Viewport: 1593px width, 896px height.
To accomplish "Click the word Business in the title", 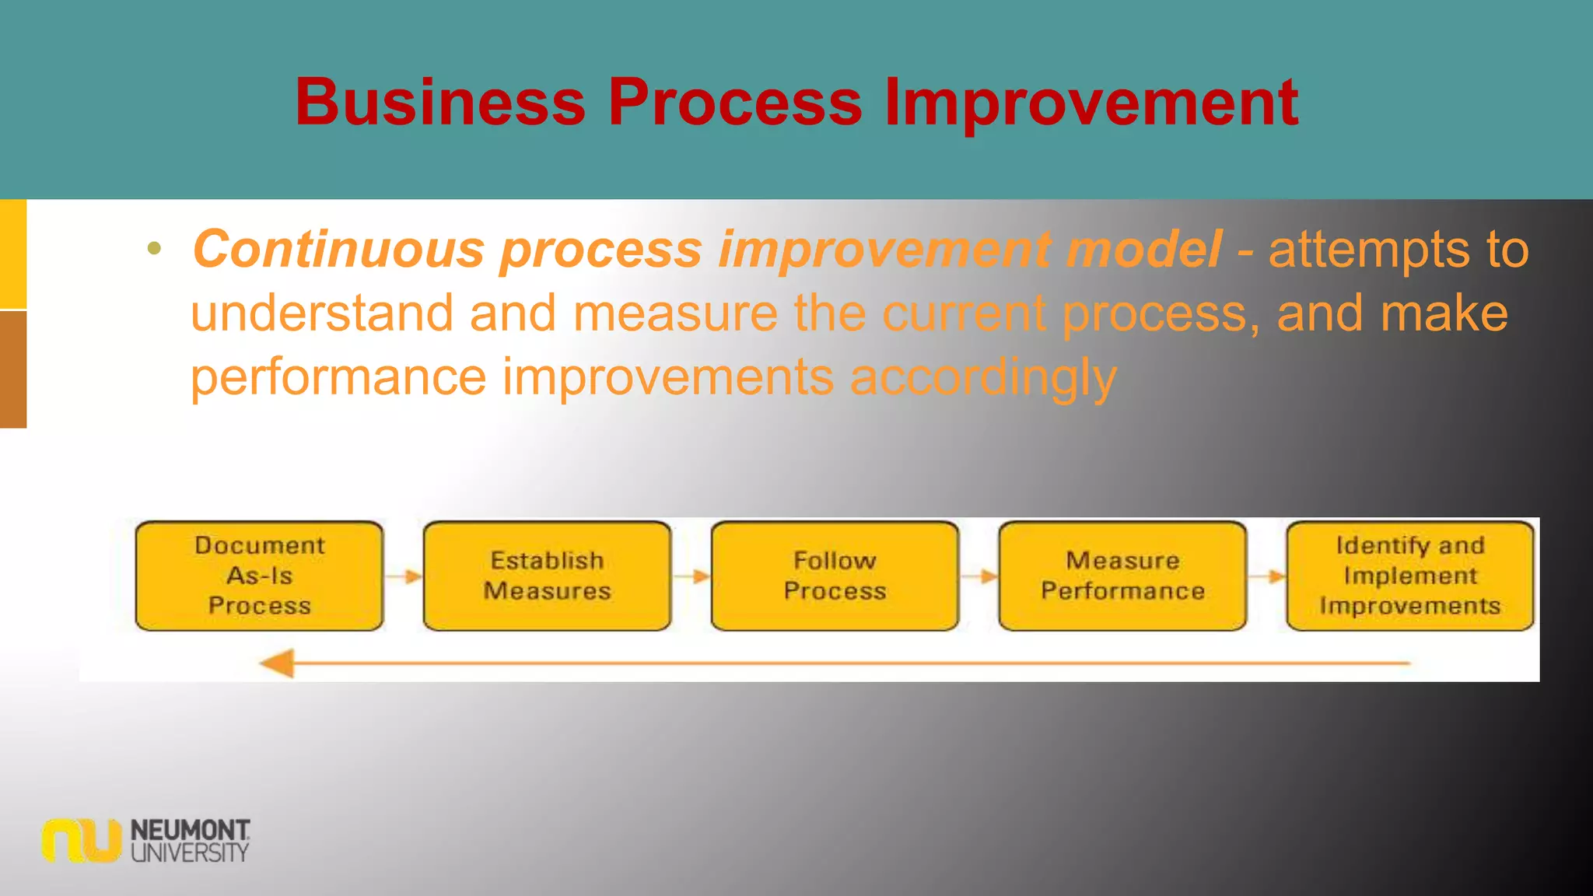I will point(439,102).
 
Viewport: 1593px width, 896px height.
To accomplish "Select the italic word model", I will point(1143,250).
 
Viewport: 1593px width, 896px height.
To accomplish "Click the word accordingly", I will point(983,378).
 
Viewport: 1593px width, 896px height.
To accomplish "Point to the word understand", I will point(321,313).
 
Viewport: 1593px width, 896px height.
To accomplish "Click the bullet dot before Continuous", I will point(154,249).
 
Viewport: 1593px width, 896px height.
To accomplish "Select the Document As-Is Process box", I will point(259,576).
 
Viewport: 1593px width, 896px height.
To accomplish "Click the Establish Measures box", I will point(547,576).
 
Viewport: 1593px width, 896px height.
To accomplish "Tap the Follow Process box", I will point(835,576).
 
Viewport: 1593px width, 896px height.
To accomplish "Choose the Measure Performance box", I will point(1122,576).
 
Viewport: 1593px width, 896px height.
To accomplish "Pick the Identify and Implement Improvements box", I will point(1409,576).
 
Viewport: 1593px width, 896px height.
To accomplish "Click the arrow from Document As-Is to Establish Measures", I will point(403,576).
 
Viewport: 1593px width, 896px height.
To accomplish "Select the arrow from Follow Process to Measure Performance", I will point(979,576).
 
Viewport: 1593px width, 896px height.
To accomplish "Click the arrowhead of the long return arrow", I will point(277,663).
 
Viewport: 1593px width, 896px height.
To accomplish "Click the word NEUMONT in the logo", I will point(190,830).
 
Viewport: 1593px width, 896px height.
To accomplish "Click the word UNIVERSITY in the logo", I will point(190,852).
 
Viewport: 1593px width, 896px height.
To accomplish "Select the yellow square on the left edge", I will point(13,254).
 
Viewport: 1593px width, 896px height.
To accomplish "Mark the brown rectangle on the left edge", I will point(13,369).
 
